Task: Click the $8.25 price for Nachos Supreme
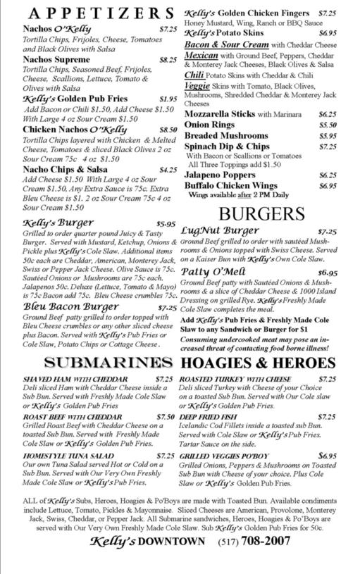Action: (168, 61)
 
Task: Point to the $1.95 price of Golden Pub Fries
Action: (168, 99)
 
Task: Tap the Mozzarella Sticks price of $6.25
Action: (327, 114)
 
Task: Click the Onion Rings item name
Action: (209, 125)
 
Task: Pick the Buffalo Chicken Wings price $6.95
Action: (327, 186)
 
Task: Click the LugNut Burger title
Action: (219, 230)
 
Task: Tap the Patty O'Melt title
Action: (213, 271)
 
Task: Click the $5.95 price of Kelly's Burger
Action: (166, 224)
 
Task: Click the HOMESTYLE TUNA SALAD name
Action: (68, 456)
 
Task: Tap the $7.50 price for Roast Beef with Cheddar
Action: (166, 417)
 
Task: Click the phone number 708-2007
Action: (265, 541)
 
